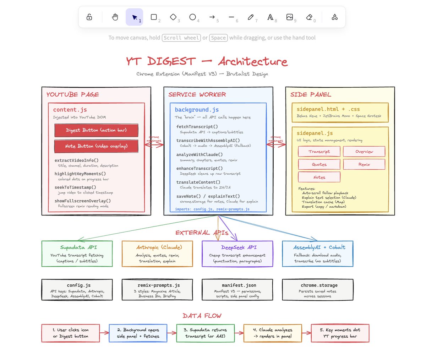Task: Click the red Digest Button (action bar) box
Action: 96,130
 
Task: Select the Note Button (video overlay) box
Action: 96,146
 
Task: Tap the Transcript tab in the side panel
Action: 319,152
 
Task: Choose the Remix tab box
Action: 364,164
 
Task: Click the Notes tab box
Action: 319,177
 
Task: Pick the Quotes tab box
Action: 319,164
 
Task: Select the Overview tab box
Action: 364,152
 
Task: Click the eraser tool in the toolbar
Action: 309,17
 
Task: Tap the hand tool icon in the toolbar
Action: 115,17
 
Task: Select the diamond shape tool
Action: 173,17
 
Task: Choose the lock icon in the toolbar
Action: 89,17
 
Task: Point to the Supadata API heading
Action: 78,247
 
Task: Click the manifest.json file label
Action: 239,285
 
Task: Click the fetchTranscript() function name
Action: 197,127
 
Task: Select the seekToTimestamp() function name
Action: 75,187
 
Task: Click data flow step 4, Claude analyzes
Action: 273,333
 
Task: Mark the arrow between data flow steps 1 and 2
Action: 104,333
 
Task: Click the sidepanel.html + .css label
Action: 328,109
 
